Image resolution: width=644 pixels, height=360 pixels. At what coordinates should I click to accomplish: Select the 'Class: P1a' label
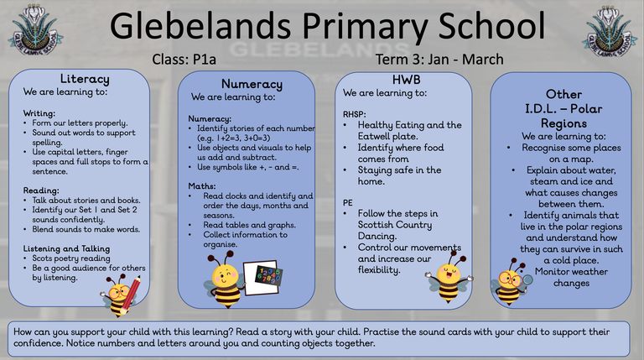coord(186,60)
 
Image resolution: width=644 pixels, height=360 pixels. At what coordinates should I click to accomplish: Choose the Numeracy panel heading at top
coord(250,84)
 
